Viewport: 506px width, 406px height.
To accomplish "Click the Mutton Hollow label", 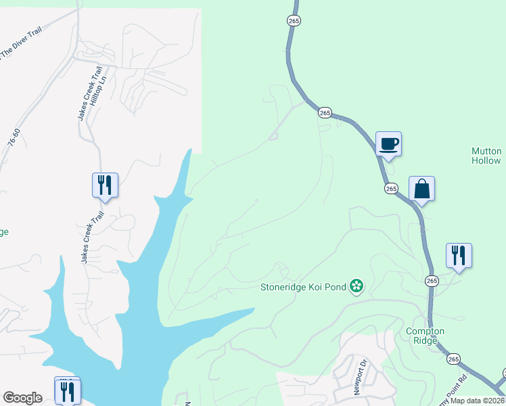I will [486, 156].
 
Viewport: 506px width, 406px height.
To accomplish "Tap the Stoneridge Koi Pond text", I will [304, 287].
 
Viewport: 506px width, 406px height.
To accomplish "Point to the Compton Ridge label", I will [425, 336].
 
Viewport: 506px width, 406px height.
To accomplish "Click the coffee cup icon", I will [388, 144].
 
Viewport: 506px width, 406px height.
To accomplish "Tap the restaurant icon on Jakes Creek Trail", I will [105, 185].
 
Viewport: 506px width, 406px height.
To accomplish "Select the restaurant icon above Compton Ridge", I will [459, 256].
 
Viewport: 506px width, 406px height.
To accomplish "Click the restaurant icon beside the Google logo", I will [68, 391].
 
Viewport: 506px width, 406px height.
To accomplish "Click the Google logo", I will [22, 398].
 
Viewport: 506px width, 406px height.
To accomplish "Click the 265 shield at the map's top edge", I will [293, 21].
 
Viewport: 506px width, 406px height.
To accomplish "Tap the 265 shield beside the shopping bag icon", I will [391, 189].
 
